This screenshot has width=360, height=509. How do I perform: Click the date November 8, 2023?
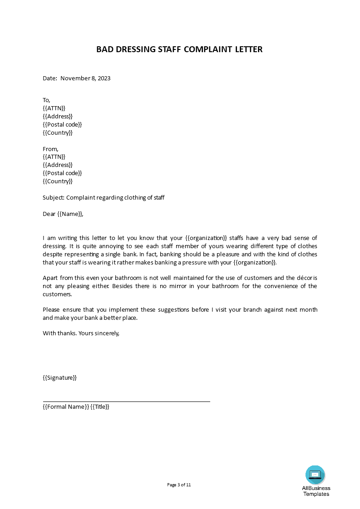point(85,78)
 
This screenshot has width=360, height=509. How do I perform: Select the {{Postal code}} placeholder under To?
point(62,124)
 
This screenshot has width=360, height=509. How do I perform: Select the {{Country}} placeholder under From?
point(58,181)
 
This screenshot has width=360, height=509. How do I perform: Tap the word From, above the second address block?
point(50,149)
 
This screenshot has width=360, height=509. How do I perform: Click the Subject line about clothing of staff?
point(104,197)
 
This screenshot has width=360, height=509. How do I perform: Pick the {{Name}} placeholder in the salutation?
point(70,214)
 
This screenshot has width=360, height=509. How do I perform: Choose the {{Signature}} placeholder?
point(59,377)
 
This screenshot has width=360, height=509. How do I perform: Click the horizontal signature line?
point(126,401)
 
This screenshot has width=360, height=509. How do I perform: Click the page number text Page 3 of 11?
point(179,485)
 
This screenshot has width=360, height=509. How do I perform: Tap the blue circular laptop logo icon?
point(315,475)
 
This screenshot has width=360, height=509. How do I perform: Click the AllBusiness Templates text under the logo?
point(316,491)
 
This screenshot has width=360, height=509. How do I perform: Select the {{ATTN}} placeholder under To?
point(54,108)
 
